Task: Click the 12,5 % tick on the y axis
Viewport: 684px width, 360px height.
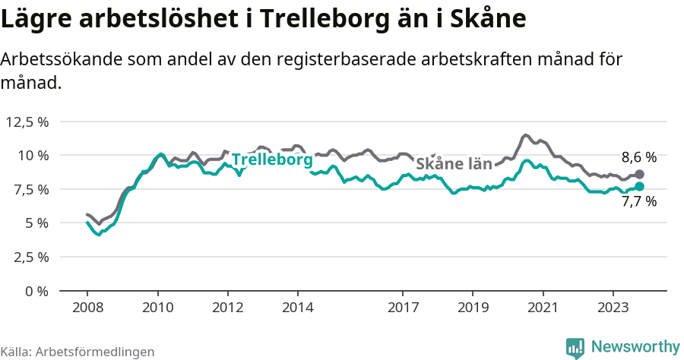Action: pyautogui.click(x=27, y=122)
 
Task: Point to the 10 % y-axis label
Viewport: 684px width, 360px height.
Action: pyautogui.click(x=33, y=156)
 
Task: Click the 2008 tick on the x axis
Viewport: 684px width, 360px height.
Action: pyautogui.click(x=87, y=308)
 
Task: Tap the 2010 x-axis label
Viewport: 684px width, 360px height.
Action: pyautogui.click(x=157, y=308)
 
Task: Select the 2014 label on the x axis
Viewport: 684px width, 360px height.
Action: pyautogui.click(x=297, y=308)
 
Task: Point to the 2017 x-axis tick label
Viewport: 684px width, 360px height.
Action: pyautogui.click(x=403, y=308)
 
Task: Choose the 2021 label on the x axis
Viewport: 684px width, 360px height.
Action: pyautogui.click(x=543, y=308)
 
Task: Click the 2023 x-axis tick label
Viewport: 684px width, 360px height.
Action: pyautogui.click(x=613, y=308)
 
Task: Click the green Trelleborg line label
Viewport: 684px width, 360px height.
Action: pyautogui.click(x=272, y=160)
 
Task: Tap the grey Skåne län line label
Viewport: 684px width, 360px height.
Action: pyautogui.click(x=454, y=163)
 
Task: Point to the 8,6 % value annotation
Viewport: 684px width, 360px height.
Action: pyautogui.click(x=638, y=158)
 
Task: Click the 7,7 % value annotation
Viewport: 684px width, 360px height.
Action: pyautogui.click(x=638, y=202)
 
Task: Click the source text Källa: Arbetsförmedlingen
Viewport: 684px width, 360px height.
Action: pyautogui.click(x=78, y=352)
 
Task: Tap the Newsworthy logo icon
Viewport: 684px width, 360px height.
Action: pyautogui.click(x=575, y=348)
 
